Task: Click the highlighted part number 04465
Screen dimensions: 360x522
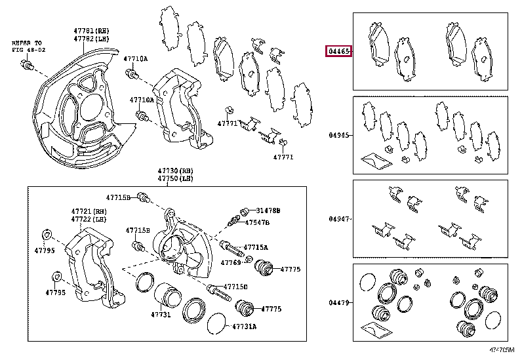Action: pyautogui.click(x=338, y=51)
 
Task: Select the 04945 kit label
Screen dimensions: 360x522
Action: pyautogui.click(x=340, y=136)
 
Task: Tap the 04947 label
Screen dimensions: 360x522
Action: pyautogui.click(x=340, y=219)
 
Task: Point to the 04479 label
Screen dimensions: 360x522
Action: pyautogui.click(x=340, y=303)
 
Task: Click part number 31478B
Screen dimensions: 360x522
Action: pyautogui.click(x=268, y=210)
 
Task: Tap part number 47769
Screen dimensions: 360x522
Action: pyautogui.click(x=231, y=262)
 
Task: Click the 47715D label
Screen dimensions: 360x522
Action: pyautogui.click(x=235, y=287)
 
